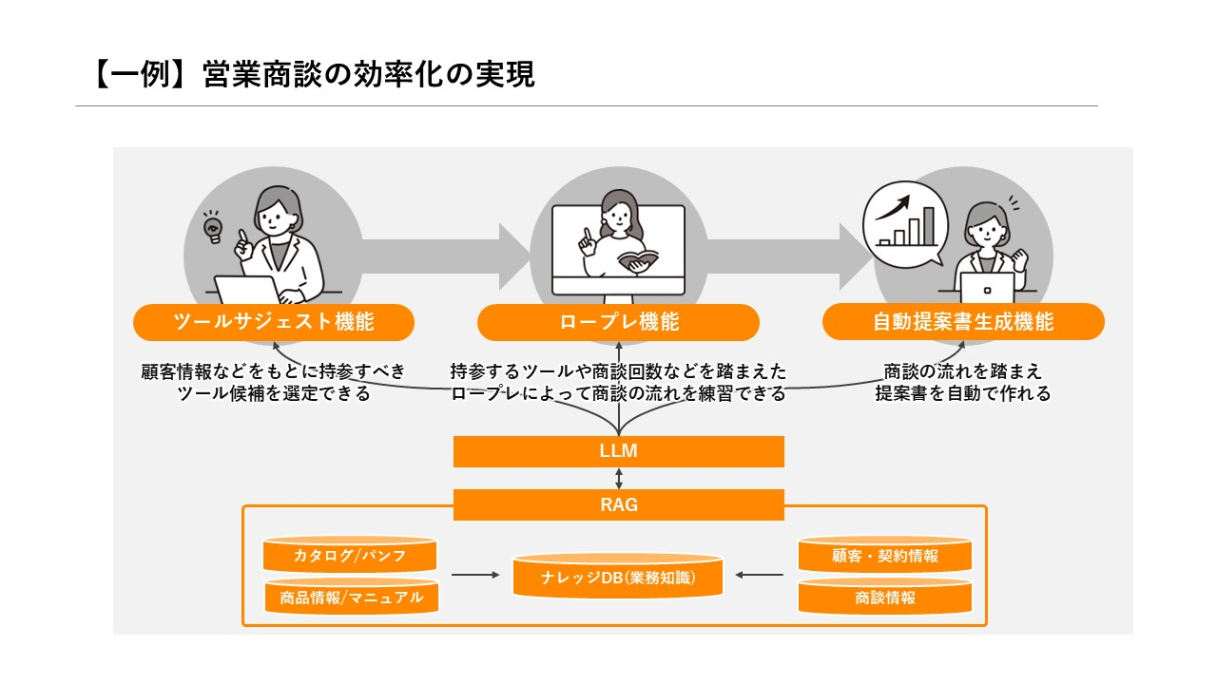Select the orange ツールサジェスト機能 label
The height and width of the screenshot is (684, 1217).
click(274, 322)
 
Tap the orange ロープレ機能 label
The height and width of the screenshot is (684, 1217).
click(619, 322)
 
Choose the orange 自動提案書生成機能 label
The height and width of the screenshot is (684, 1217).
click(963, 322)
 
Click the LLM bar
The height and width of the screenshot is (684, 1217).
click(619, 452)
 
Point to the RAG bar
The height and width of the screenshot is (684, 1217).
click(619, 505)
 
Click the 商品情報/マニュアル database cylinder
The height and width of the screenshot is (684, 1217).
click(350, 598)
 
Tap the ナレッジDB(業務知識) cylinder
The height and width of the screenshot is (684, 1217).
click(618, 577)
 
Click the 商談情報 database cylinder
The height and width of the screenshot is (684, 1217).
click(885, 598)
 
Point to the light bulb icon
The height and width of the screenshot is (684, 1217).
click(212, 228)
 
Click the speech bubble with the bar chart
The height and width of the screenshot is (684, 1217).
click(904, 224)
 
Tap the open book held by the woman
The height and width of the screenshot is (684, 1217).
click(637, 259)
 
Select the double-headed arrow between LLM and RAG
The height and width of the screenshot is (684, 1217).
click(619, 479)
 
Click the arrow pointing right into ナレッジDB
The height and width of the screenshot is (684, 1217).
click(475, 575)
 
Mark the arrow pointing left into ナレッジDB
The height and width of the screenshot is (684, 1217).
click(761, 575)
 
